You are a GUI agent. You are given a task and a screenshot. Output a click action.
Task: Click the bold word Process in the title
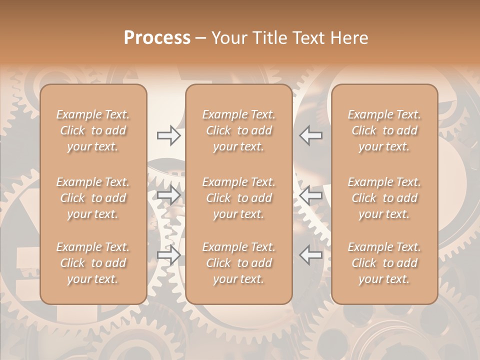157,37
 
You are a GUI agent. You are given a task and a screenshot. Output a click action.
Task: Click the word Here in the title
349,38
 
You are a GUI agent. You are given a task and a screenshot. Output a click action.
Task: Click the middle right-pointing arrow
169,195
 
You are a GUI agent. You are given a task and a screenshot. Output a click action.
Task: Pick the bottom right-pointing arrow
169,255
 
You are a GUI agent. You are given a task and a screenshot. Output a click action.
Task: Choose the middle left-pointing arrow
310,195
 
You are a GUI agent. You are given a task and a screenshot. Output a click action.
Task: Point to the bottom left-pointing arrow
310,255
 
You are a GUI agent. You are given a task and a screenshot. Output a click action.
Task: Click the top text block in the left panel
93,130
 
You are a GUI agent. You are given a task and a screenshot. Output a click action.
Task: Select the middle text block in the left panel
93,198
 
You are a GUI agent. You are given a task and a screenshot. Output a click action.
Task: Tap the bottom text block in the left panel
93,263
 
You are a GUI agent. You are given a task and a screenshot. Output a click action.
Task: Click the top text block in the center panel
239,130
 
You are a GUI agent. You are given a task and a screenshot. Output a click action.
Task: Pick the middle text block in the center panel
239,198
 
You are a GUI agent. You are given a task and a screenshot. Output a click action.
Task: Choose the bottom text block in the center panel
239,263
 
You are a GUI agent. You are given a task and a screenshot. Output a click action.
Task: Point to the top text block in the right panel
384,130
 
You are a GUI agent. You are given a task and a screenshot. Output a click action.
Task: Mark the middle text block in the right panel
384,198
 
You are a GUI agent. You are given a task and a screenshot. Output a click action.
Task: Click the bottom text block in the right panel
384,263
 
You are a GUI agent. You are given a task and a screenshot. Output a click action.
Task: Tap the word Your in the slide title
227,38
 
